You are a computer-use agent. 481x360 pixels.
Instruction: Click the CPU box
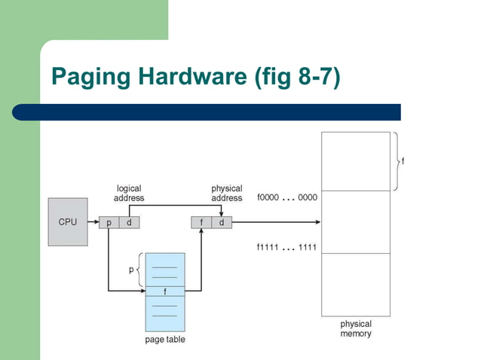click(68, 222)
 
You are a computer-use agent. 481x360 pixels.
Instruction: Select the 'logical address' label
click(128, 193)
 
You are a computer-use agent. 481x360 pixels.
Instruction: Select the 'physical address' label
click(226, 193)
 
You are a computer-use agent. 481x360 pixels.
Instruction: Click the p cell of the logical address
click(109, 222)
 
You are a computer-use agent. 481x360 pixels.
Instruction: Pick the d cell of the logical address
click(128, 222)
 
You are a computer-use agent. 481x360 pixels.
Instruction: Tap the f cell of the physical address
click(201, 222)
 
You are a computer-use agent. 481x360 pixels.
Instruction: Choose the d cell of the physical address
click(221, 222)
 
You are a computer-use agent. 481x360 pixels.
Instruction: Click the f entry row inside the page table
click(165, 290)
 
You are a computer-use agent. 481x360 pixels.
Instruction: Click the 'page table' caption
click(164, 340)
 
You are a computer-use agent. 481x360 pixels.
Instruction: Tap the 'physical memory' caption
click(356, 328)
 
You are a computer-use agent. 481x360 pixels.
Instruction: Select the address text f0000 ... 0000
click(287, 197)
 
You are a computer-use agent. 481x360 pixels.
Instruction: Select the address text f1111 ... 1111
click(287, 247)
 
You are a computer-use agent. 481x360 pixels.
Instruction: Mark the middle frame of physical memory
click(356, 222)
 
